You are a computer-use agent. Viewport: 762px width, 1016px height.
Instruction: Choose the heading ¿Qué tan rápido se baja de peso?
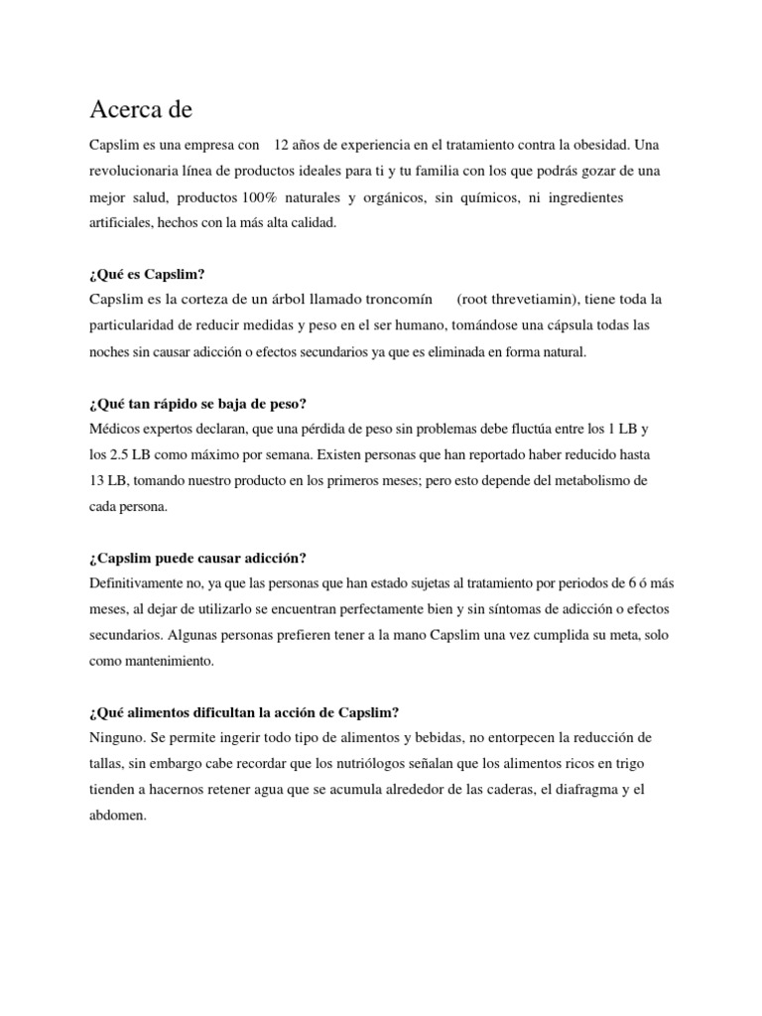click(x=197, y=403)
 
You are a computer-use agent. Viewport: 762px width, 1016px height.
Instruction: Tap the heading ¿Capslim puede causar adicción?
click(x=197, y=558)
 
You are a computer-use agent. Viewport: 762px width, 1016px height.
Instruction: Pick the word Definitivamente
click(x=141, y=583)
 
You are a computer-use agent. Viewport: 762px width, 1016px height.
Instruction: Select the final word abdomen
click(x=117, y=816)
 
